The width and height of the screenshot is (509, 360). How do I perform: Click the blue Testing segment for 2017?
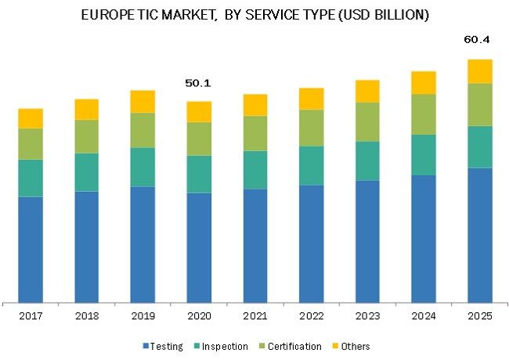[x=31, y=249]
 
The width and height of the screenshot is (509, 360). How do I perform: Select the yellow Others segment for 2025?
[x=479, y=71]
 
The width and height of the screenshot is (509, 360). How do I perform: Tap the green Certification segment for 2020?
[x=199, y=139]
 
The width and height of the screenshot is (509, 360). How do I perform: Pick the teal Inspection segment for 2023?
[x=367, y=160]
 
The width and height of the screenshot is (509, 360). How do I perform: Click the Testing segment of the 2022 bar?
[x=311, y=243]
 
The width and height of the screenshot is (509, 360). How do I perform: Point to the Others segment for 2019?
[x=143, y=101]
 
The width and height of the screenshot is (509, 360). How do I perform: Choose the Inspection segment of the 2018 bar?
[x=86, y=172]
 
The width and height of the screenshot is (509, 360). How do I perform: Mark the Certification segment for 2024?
[x=424, y=114]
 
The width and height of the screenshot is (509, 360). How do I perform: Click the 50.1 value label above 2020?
[x=199, y=83]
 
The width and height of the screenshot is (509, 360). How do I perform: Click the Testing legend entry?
[x=167, y=346]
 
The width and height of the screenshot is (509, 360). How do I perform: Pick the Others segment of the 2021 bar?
[x=255, y=105]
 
